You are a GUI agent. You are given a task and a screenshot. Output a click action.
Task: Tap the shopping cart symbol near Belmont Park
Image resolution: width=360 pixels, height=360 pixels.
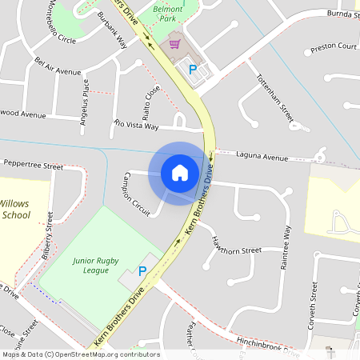coord(175,46)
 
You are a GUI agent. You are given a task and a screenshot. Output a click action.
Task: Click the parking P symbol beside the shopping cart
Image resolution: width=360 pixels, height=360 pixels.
coord(192,70)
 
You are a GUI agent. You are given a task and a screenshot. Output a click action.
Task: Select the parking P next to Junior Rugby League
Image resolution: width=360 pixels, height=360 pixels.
coord(142,272)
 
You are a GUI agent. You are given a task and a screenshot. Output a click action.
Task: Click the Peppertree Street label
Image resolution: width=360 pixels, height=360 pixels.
coord(33,166)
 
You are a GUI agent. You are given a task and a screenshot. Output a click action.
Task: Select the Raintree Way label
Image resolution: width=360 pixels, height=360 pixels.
coord(286,246)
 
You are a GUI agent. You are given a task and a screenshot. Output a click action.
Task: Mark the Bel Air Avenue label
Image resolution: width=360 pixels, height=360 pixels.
coord(58,66)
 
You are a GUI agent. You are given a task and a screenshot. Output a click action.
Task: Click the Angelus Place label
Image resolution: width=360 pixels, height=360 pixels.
coord(86,98)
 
